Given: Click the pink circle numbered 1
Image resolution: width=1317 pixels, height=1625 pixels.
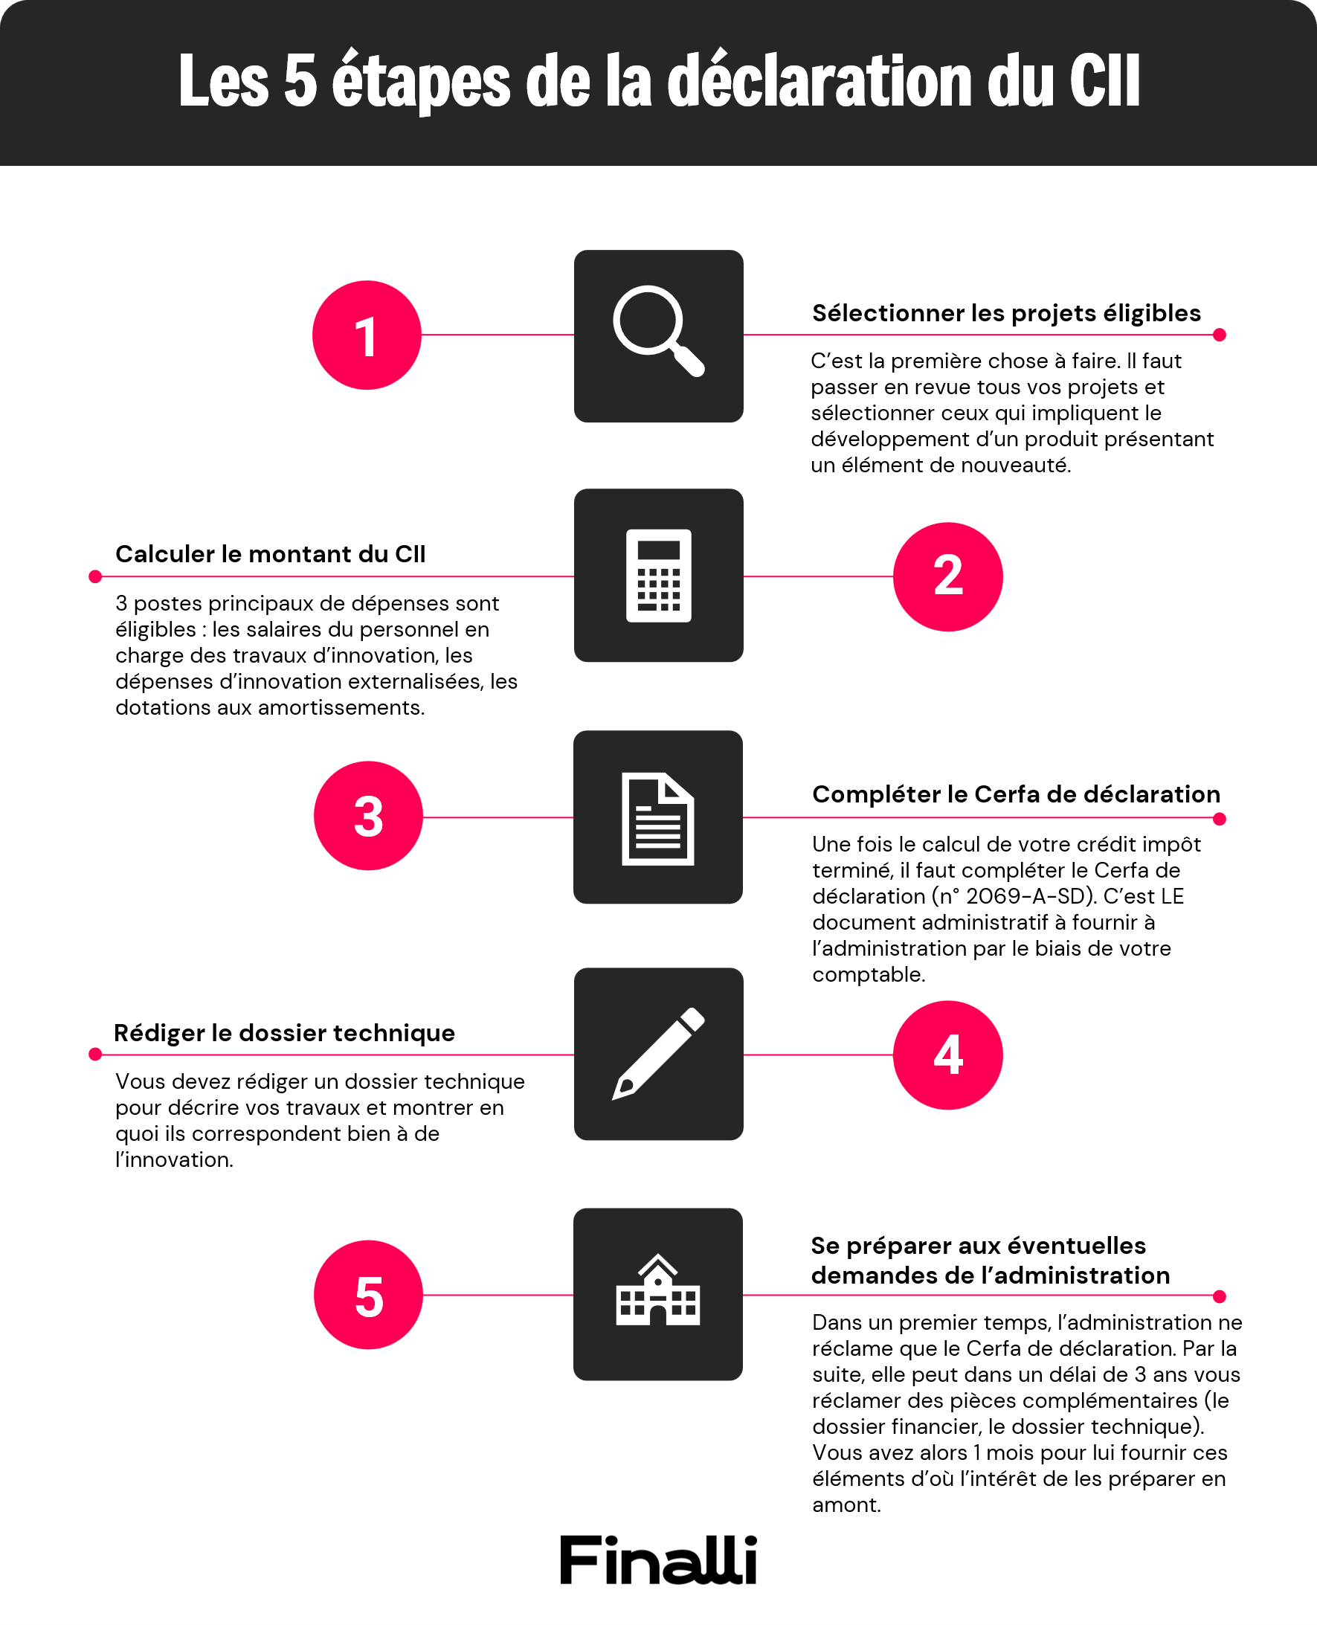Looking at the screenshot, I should click(367, 335).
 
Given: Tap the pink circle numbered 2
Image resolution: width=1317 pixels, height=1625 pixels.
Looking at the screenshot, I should click(947, 576).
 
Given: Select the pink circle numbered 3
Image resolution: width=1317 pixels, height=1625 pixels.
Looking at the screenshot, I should click(368, 817).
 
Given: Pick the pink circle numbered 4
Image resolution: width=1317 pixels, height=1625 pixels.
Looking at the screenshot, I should click(947, 1055).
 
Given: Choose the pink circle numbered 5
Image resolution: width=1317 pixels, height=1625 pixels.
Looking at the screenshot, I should click(368, 1295).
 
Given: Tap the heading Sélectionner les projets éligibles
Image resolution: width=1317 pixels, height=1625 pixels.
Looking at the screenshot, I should click(1006, 313).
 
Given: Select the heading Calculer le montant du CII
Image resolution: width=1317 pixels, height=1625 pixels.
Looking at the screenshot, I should click(270, 554).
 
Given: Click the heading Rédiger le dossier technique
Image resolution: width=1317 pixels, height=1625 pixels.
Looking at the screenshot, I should click(285, 1032).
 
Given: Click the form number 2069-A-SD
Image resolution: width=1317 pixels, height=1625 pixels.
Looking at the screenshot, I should click(1028, 897).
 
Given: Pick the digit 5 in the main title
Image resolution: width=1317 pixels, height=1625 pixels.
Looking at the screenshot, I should click(300, 82).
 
